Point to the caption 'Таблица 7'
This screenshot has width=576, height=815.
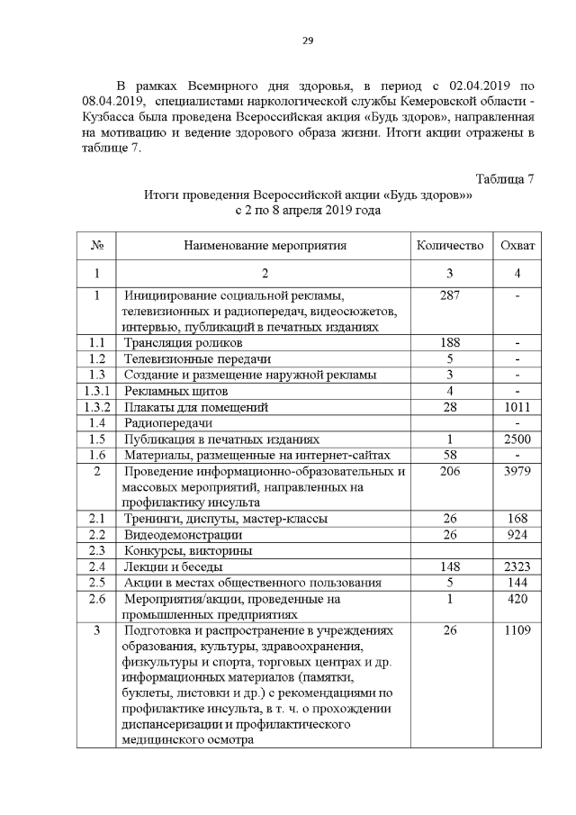505,178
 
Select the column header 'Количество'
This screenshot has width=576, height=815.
450,245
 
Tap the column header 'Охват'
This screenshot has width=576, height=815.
517,245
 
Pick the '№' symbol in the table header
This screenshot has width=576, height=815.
96,245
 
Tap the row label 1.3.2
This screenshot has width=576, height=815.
96,408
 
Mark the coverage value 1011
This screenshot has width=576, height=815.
517,408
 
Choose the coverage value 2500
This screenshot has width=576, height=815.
517,440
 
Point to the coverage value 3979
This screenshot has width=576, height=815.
517,473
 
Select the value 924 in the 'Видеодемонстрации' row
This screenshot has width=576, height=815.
517,535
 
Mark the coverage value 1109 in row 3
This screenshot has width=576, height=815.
517,630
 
